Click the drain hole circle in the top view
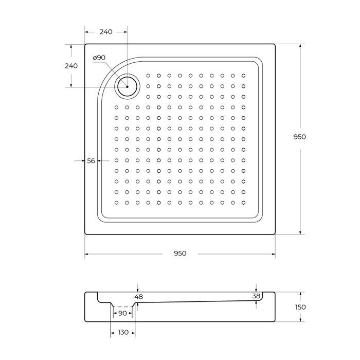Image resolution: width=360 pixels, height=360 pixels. tap(126, 86)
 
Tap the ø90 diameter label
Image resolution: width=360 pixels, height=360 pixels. tap(99, 58)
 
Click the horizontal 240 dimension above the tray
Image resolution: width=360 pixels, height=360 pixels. tap(105, 32)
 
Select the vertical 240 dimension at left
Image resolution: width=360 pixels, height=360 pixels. tap(70, 66)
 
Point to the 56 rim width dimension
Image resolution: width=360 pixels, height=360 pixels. tap(91, 161)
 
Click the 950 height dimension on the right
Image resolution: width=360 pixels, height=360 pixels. tap(299, 137)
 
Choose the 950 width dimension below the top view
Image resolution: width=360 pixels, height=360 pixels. tap(179, 254)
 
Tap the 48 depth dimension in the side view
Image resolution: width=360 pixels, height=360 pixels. tap(138, 297)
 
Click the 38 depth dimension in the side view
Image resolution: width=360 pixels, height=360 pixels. tap(256, 296)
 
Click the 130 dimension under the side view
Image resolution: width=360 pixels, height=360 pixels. tap(122, 333)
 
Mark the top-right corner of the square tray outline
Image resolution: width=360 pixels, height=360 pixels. tap(275, 44)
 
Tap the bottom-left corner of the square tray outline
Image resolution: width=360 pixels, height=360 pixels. tap(85, 235)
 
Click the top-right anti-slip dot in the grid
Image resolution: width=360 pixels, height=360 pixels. tap(243, 76)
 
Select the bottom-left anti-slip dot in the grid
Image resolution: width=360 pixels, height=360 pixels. tap(117, 203)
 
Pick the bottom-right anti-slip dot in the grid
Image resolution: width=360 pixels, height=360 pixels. tap(243, 203)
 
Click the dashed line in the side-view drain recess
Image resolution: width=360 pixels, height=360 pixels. tap(122, 307)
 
